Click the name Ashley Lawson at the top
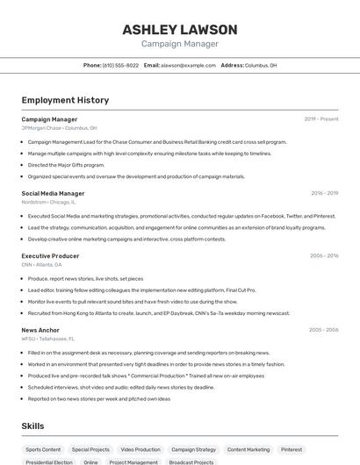179,29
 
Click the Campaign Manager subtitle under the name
179,44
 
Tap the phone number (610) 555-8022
120,65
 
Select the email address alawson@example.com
188,65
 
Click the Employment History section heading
65,100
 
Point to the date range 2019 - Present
321,119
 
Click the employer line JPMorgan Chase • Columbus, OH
59,128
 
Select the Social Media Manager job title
53,193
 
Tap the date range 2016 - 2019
324,193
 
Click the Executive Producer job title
50,255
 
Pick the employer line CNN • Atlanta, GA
41,264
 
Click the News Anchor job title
40,330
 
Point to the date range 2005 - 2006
323,330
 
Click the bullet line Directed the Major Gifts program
66,164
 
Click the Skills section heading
33,426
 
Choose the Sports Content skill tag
43,449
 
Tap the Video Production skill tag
140,449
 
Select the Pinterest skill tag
292,449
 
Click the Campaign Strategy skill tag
193,449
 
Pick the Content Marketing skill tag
248,449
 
